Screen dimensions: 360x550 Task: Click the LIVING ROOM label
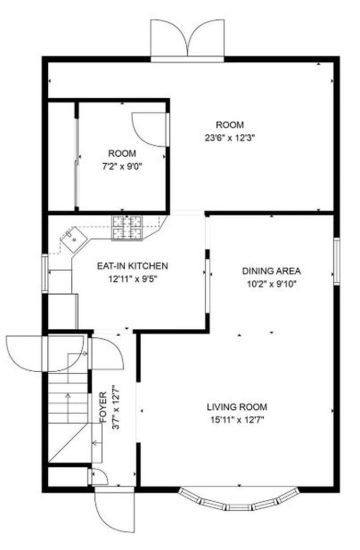click(x=237, y=407)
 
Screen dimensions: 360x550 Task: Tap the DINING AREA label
click(x=271, y=271)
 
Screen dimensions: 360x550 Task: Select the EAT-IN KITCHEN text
click(x=132, y=265)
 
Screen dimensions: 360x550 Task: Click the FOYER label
click(x=103, y=408)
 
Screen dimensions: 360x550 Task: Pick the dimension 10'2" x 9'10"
click(x=271, y=284)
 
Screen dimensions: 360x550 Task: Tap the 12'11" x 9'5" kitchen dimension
click(x=132, y=279)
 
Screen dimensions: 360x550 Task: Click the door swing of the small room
click(x=149, y=129)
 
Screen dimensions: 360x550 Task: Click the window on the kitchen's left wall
click(x=45, y=273)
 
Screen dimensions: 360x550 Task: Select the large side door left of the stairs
click(x=45, y=353)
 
